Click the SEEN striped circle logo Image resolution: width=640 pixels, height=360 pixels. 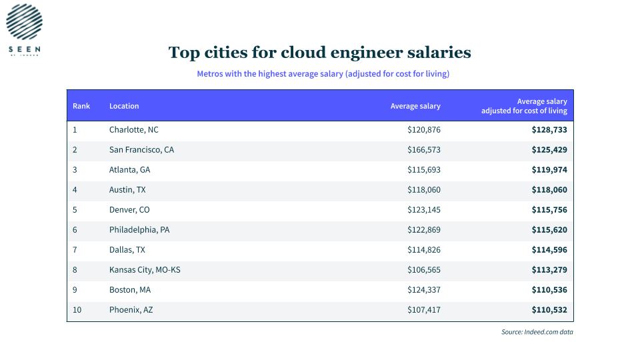click(x=24, y=21)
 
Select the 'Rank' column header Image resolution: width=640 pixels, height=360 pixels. click(x=81, y=106)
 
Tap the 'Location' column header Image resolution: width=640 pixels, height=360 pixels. click(x=124, y=106)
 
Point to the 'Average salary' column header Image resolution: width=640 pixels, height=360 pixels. click(x=415, y=106)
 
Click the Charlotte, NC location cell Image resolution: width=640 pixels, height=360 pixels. click(x=133, y=130)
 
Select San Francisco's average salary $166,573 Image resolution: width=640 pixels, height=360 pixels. click(x=424, y=150)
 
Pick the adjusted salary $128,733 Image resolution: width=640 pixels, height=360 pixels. click(x=549, y=130)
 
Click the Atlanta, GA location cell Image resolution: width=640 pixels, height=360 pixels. click(x=129, y=170)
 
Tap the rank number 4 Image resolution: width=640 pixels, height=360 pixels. click(x=75, y=190)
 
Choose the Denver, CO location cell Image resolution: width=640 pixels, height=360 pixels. click(x=129, y=210)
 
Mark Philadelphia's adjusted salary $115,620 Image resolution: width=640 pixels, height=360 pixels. click(x=549, y=230)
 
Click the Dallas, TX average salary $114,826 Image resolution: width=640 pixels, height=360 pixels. click(x=424, y=250)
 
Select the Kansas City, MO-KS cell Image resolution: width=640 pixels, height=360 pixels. click(x=145, y=270)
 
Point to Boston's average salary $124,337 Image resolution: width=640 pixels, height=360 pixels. click(x=424, y=290)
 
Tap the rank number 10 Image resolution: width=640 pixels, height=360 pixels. click(x=77, y=310)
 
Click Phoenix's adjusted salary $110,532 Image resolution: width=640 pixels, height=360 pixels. click(x=549, y=310)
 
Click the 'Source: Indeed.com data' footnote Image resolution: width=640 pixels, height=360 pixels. click(x=537, y=332)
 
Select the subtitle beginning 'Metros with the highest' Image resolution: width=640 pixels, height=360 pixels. click(x=323, y=74)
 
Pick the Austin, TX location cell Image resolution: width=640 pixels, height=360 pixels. click(x=127, y=190)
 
